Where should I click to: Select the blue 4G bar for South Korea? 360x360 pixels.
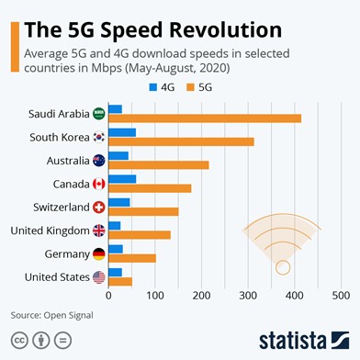point(122,132)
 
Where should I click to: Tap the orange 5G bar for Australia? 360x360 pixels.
point(159,165)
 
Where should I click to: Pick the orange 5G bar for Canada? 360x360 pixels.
point(150,188)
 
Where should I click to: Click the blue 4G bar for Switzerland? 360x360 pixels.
point(119,202)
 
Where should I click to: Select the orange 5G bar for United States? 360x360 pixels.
point(120,281)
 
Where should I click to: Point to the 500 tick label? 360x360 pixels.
point(341,297)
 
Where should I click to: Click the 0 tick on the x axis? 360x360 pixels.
point(108,297)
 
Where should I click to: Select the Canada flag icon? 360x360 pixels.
point(99,183)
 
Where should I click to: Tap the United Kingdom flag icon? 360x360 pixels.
point(99,230)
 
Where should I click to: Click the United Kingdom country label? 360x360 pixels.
point(50,231)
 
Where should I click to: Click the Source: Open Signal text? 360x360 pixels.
point(52,315)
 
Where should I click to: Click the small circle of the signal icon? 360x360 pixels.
point(283,267)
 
